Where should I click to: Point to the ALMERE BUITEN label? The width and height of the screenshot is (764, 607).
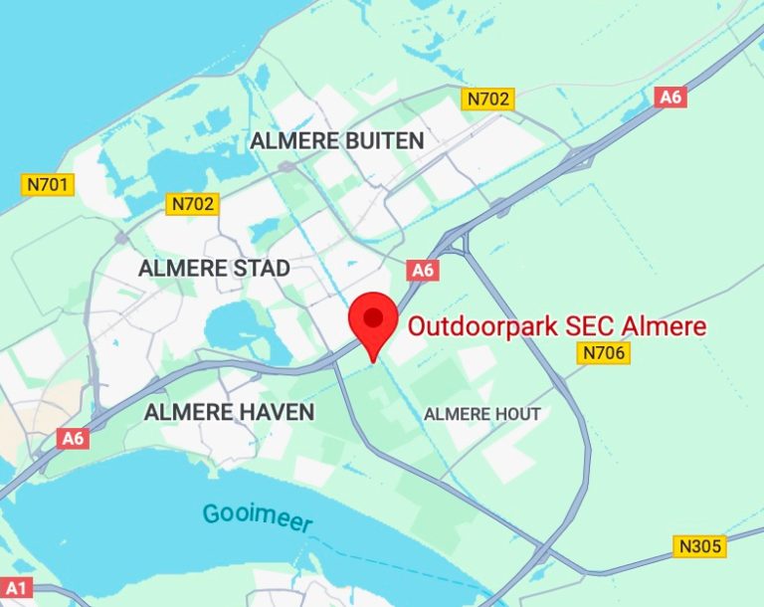(x=336, y=141)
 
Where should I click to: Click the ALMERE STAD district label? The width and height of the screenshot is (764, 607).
(x=214, y=268)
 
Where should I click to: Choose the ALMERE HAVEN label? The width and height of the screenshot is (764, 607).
(x=229, y=411)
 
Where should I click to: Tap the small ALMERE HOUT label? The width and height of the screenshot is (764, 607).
(x=482, y=414)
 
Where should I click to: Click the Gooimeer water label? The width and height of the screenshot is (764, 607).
(x=257, y=517)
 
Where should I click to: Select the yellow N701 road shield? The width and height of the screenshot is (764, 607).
(x=48, y=184)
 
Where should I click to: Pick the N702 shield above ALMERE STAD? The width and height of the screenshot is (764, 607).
(x=193, y=204)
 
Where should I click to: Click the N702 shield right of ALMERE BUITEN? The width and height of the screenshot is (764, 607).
(x=487, y=98)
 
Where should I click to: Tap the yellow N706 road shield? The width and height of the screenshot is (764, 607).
(x=605, y=352)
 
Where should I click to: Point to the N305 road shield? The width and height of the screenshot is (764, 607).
(x=700, y=545)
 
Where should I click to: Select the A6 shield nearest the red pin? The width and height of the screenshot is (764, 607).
(x=423, y=270)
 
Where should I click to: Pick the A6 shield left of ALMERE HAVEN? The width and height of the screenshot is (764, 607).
(x=72, y=438)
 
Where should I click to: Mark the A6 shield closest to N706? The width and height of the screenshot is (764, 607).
(x=671, y=97)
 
